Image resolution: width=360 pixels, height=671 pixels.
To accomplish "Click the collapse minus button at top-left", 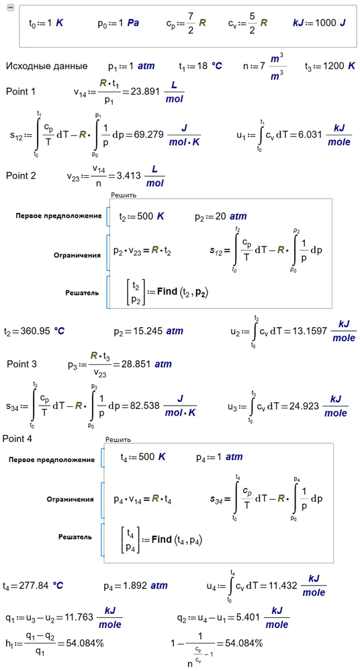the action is (x=11, y=8).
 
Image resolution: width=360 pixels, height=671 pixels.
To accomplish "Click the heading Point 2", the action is (x=21, y=176).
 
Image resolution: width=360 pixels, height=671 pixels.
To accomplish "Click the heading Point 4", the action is (x=17, y=439).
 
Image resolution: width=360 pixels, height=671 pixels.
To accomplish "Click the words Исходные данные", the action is (x=46, y=66).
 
